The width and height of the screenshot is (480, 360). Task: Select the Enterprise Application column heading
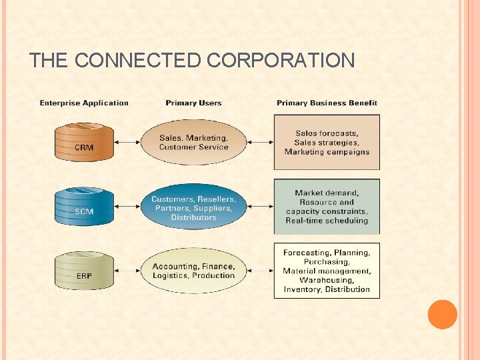point(84,103)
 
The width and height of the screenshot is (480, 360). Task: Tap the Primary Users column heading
point(193,103)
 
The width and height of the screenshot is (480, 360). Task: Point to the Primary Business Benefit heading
point(327,103)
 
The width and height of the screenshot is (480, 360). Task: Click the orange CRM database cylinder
point(84,141)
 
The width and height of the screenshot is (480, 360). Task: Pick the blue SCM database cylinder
point(84,206)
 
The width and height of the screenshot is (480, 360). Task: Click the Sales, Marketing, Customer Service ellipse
point(193,142)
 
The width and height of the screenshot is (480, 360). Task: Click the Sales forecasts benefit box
point(327,142)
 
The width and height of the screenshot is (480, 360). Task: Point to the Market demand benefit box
point(327,206)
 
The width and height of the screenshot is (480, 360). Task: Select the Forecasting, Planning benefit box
point(327,271)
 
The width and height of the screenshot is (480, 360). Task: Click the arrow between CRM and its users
point(127,142)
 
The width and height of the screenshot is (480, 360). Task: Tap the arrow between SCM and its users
point(127,207)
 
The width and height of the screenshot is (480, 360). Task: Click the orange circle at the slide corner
point(443,315)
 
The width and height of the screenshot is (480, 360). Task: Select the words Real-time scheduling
point(327,220)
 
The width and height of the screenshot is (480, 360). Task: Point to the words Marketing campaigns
point(327,151)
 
